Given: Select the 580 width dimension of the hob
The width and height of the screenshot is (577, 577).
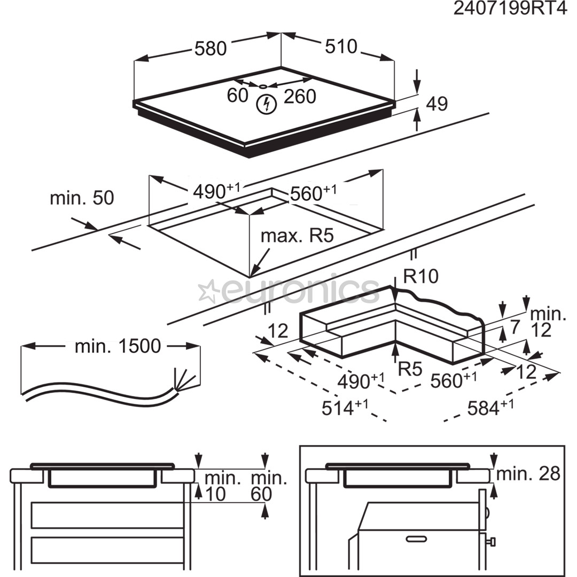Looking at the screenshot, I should tap(210, 49).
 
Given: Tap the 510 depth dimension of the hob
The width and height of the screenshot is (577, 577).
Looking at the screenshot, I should tap(340, 47).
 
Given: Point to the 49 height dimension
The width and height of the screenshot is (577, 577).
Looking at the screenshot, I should tap(437, 104).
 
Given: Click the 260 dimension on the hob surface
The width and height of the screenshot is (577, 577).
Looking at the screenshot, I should tap(300, 97).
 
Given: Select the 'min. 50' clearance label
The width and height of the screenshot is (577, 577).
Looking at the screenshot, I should tap(82, 198).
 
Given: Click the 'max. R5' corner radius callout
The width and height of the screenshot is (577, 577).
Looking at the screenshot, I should tap(297, 236).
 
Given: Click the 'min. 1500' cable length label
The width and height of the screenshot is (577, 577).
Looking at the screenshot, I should tap(118, 346).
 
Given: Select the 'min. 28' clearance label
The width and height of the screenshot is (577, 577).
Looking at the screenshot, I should tap(528, 473).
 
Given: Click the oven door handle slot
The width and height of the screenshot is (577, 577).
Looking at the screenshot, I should tap(417, 539).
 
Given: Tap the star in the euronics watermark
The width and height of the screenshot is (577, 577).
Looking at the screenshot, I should tap(208, 292).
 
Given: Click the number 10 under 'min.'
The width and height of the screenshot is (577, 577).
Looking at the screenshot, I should tap(215, 494).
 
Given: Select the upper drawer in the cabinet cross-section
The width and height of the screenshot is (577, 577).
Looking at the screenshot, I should tap(107, 515).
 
